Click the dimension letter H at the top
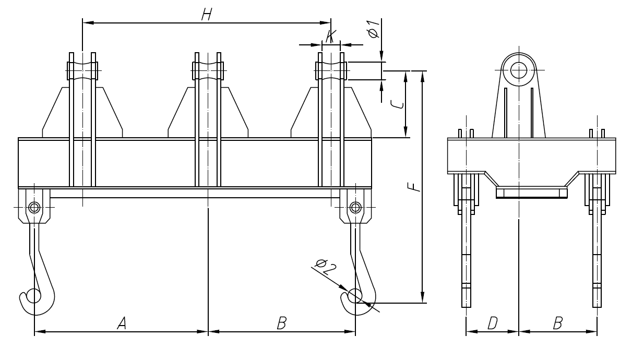click(207, 15)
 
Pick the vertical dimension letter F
click(414, 186)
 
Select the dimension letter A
click(122, 324)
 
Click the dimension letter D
click(492, 324)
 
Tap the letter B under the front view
click(282, 324)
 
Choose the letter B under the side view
click(557, 324)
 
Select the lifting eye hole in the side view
click(519, 70)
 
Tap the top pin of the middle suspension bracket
click(208, 69)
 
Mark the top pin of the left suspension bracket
click(82, 69)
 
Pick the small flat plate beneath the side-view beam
click(531, 194)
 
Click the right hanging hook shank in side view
click(597, 261)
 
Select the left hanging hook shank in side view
click(466, 261)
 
